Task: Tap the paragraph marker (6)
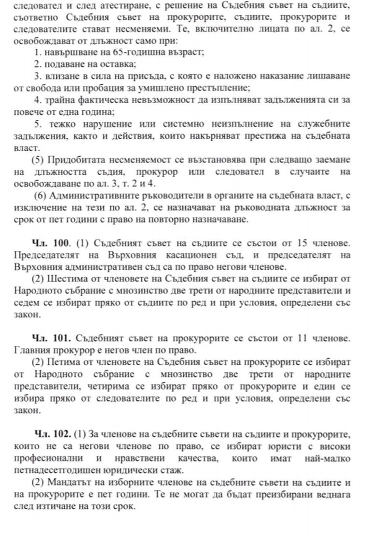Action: pyautogui.click(x=41, y=196)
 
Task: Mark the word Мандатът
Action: pyautogui.click(x=65, y=483)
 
